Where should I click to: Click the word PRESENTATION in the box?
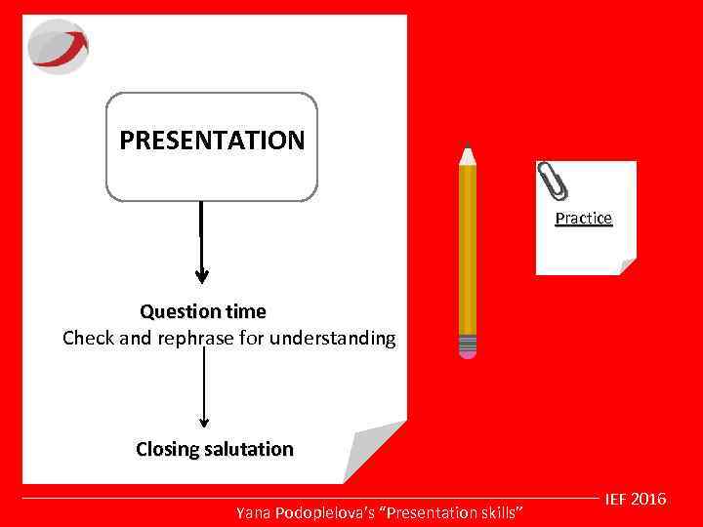pyautogui.click(x=212, y=141)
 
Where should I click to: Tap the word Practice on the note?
pyautogui.click(x=583, y=219)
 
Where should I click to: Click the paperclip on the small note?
pyautogui.click(x=552, y=181)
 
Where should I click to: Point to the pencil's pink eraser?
pyautogui.click(x=468, y=354)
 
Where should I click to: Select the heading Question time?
pyautogui.click(x=202, y=312)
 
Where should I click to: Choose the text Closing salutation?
pyautogui.click(x=214, y=450)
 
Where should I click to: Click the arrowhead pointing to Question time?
pyautogui.click(x=201, y=275)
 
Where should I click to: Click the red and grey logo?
pyautogui.click(x=58, y=47)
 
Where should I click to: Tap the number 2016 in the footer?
pyautogui.click(x=649, y=500)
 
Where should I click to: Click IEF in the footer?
pyautogui.click(x=616, y=500)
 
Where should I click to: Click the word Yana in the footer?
pyautogui.click(x=253, y=512)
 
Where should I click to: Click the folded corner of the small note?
pyautogui.click(x=626, y=265)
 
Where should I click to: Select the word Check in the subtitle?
pyautogui.click(x=86, y=340)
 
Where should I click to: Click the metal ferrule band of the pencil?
pyautogui.click(x=468, y=342)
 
